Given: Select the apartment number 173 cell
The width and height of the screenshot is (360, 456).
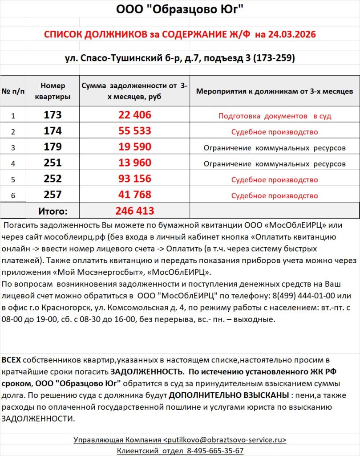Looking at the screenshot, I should [x=53, y=115].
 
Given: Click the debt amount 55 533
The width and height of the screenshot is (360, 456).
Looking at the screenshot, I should [x=135, y=131].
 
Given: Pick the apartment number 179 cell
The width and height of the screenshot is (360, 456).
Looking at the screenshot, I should [x=53, y=147].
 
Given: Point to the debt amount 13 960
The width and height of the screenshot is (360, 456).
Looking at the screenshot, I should [x=135, y=163].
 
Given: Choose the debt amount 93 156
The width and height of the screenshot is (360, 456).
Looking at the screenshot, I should [x=135, y=179].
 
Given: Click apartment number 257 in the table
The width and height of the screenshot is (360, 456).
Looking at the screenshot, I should [x=53, y=195].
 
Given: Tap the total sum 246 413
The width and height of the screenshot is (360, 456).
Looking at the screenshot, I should [x=135, y=211].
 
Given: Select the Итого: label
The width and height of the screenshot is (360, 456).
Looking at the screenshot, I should [x=53, y=211].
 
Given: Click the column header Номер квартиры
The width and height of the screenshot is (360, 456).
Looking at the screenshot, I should [x=53, y=91].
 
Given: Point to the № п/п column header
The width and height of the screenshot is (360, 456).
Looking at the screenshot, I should [x=13, y=91].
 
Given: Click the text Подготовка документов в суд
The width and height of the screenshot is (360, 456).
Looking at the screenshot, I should [x=275, y=116].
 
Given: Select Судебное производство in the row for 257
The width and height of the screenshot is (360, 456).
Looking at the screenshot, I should [x=275, y=196].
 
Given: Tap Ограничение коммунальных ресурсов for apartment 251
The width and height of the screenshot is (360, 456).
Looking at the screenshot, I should [x=275, y=164].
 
